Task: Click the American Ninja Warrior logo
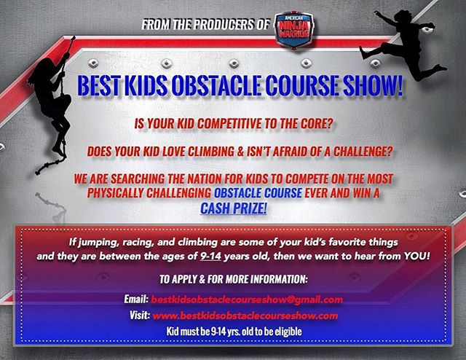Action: click(293, 29)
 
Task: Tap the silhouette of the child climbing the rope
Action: click(52, 104)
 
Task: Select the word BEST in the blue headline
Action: click(99, 85)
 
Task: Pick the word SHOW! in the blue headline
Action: click(373, 85)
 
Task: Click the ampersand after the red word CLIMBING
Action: click(240, 152)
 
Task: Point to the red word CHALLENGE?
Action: click(363, 152)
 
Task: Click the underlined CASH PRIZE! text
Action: click(234, 208)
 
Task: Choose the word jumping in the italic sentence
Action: click(94, 243)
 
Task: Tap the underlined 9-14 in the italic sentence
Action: click(210, 257)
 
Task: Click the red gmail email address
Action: click(247, 300)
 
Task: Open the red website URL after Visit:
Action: click(245, 316)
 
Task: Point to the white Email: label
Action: click(136, 299)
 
